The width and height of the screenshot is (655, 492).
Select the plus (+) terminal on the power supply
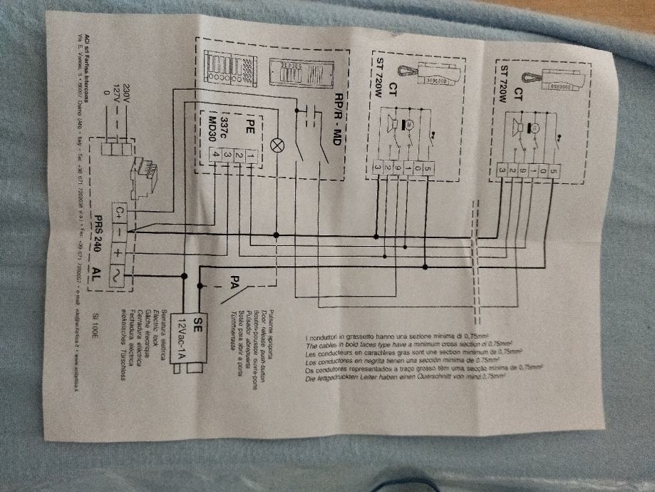pos(118,253)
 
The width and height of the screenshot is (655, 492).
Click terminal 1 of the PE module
pos(250,155)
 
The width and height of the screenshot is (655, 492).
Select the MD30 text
pos(212,118)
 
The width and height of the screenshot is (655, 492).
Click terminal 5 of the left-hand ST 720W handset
pos(428,169)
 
